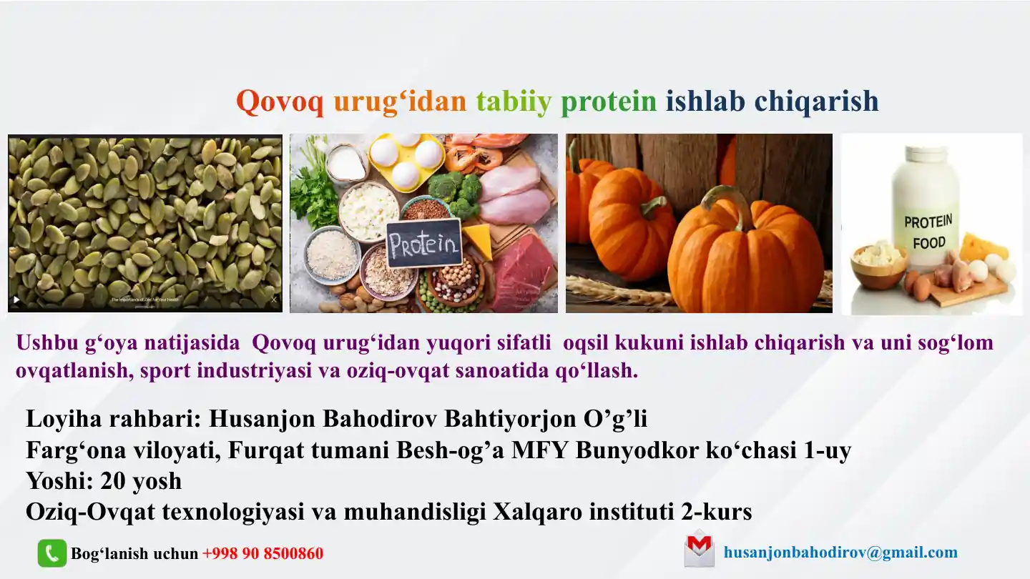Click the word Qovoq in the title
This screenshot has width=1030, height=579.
click(280, 101)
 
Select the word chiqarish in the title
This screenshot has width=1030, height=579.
click(817, 101)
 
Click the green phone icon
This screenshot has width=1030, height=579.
click(52, 553)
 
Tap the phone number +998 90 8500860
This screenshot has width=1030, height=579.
click(263, 553)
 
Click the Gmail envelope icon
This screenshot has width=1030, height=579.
click(699, 550)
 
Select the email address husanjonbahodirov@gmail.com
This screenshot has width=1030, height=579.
click(840, 552)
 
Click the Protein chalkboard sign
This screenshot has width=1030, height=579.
click(423, 243)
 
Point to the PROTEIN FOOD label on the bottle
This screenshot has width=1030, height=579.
click(928, 232)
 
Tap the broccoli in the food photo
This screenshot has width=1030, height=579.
click(455, 192)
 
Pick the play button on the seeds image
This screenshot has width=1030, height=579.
click(16, 300)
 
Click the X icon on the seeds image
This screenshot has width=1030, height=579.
click(274, 300)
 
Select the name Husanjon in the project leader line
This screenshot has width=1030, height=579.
click(262, 419)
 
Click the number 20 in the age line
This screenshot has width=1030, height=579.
click(113, 481)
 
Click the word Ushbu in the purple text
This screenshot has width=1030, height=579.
click(47, 343)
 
